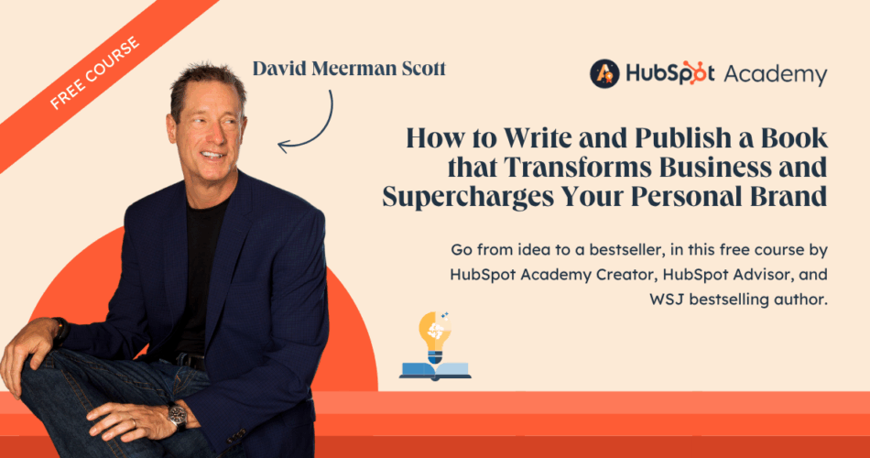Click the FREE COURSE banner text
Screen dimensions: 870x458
point(94,72)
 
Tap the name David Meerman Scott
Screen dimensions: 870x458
point(349,69)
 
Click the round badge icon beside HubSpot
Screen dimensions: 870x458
point(604,74)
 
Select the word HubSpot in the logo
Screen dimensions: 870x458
point(670,73)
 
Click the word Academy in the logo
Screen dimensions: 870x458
point(776,75)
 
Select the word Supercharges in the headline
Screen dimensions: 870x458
point(468,198)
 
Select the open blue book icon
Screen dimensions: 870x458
point(435,371)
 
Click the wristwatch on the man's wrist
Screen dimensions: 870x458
point(178,416)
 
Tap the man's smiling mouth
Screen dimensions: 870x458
point(213,156)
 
